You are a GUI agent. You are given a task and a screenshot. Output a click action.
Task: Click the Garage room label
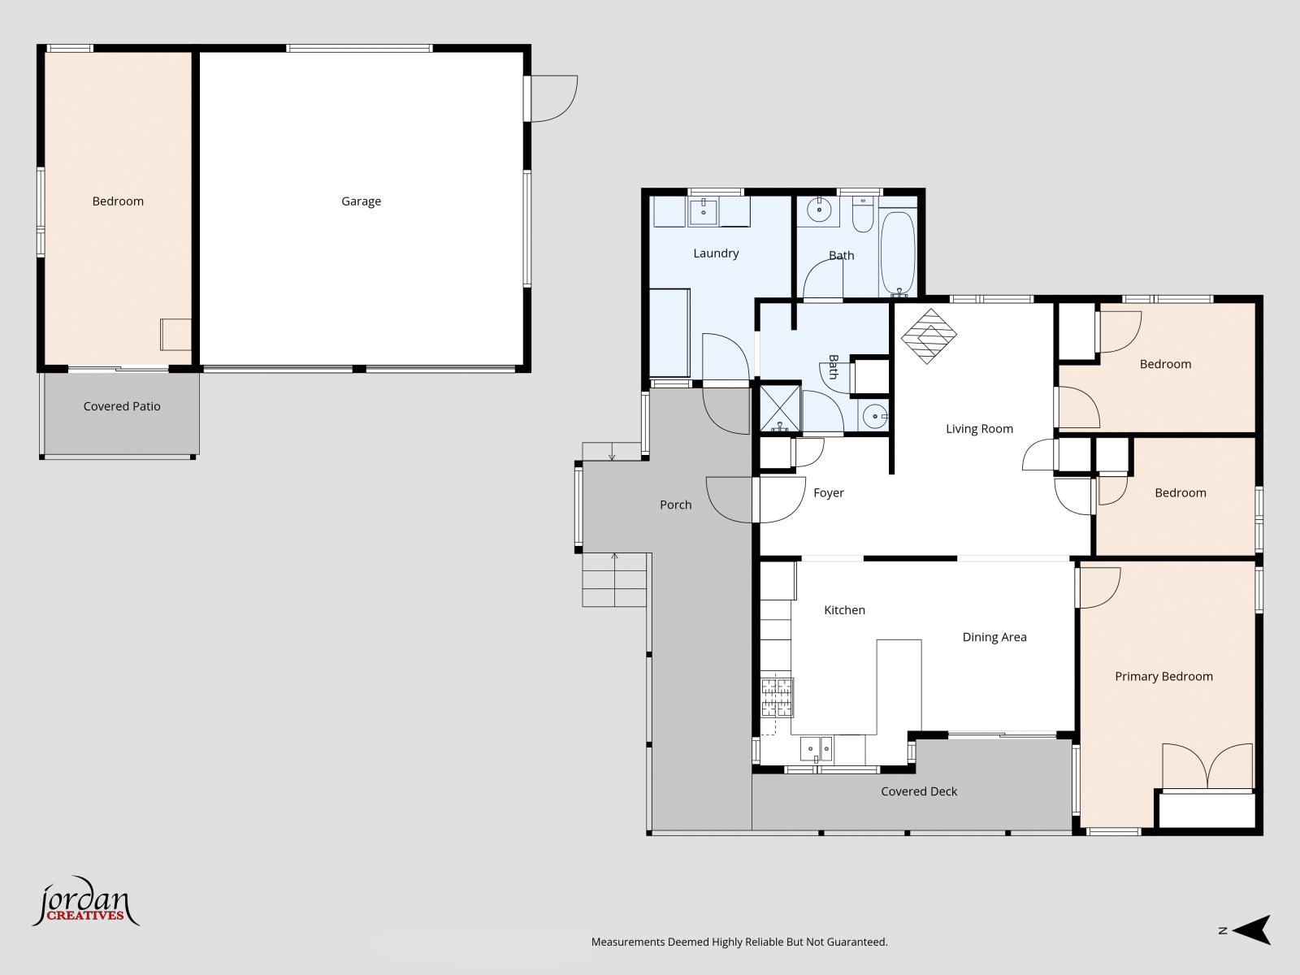tap(361, 201)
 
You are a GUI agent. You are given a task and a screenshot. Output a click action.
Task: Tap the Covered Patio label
tap(121, 406)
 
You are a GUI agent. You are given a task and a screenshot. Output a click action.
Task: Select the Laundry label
tap(716, 253)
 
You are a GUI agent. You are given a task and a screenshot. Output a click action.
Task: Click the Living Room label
tap(979, 429)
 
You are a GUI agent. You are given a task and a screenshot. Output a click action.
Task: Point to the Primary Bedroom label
tap(1163, 676)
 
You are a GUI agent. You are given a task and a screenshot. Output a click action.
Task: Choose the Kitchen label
tap(844, 609)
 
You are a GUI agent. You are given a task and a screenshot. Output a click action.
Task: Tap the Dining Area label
tap(994, 637)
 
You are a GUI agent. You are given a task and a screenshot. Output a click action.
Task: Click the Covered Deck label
tap(919, 791)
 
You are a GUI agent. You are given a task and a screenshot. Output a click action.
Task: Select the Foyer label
tap(829, 492)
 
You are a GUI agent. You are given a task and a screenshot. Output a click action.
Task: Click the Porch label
tap(676, 505)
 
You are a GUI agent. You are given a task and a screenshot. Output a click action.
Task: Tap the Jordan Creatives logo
tap(86, 900)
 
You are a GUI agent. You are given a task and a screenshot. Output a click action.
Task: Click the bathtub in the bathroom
tap(898, 253)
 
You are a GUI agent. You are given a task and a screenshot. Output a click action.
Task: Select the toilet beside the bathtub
tap(862, 214)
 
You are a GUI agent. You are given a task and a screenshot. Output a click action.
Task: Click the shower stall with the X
tap(780, 408)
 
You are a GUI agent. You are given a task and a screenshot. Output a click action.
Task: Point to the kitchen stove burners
tap(777, 697)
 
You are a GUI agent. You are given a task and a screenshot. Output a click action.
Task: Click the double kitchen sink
tap(816, 749)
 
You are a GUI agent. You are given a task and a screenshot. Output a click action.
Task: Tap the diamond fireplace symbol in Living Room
tap(929, 336)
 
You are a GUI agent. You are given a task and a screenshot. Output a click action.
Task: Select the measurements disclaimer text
tap(739, 942)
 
